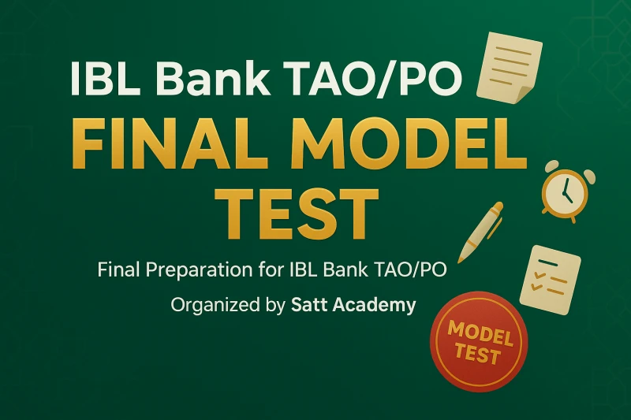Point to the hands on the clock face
pyautogui.click(x=565, y=188)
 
